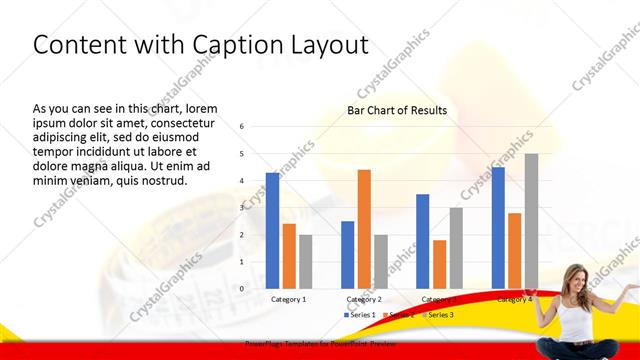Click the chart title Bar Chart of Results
[x=396, y=110]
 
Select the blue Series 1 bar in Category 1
[x=272, y=230]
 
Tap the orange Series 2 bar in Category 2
[x=364, y=229]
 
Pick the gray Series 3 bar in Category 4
[x=531, y=221]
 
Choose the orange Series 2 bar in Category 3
[x=439, y=264]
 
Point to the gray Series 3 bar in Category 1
[x=306, y=261]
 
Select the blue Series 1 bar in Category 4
[x=498, y=227]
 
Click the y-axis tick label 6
[x=242, y=127]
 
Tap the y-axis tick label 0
[x=242, y=288]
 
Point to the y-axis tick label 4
[x=242, y=181]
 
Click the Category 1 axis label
[x=289, y=299]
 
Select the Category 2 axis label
[x=364, y=299]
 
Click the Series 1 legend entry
[x=361, y=315]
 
